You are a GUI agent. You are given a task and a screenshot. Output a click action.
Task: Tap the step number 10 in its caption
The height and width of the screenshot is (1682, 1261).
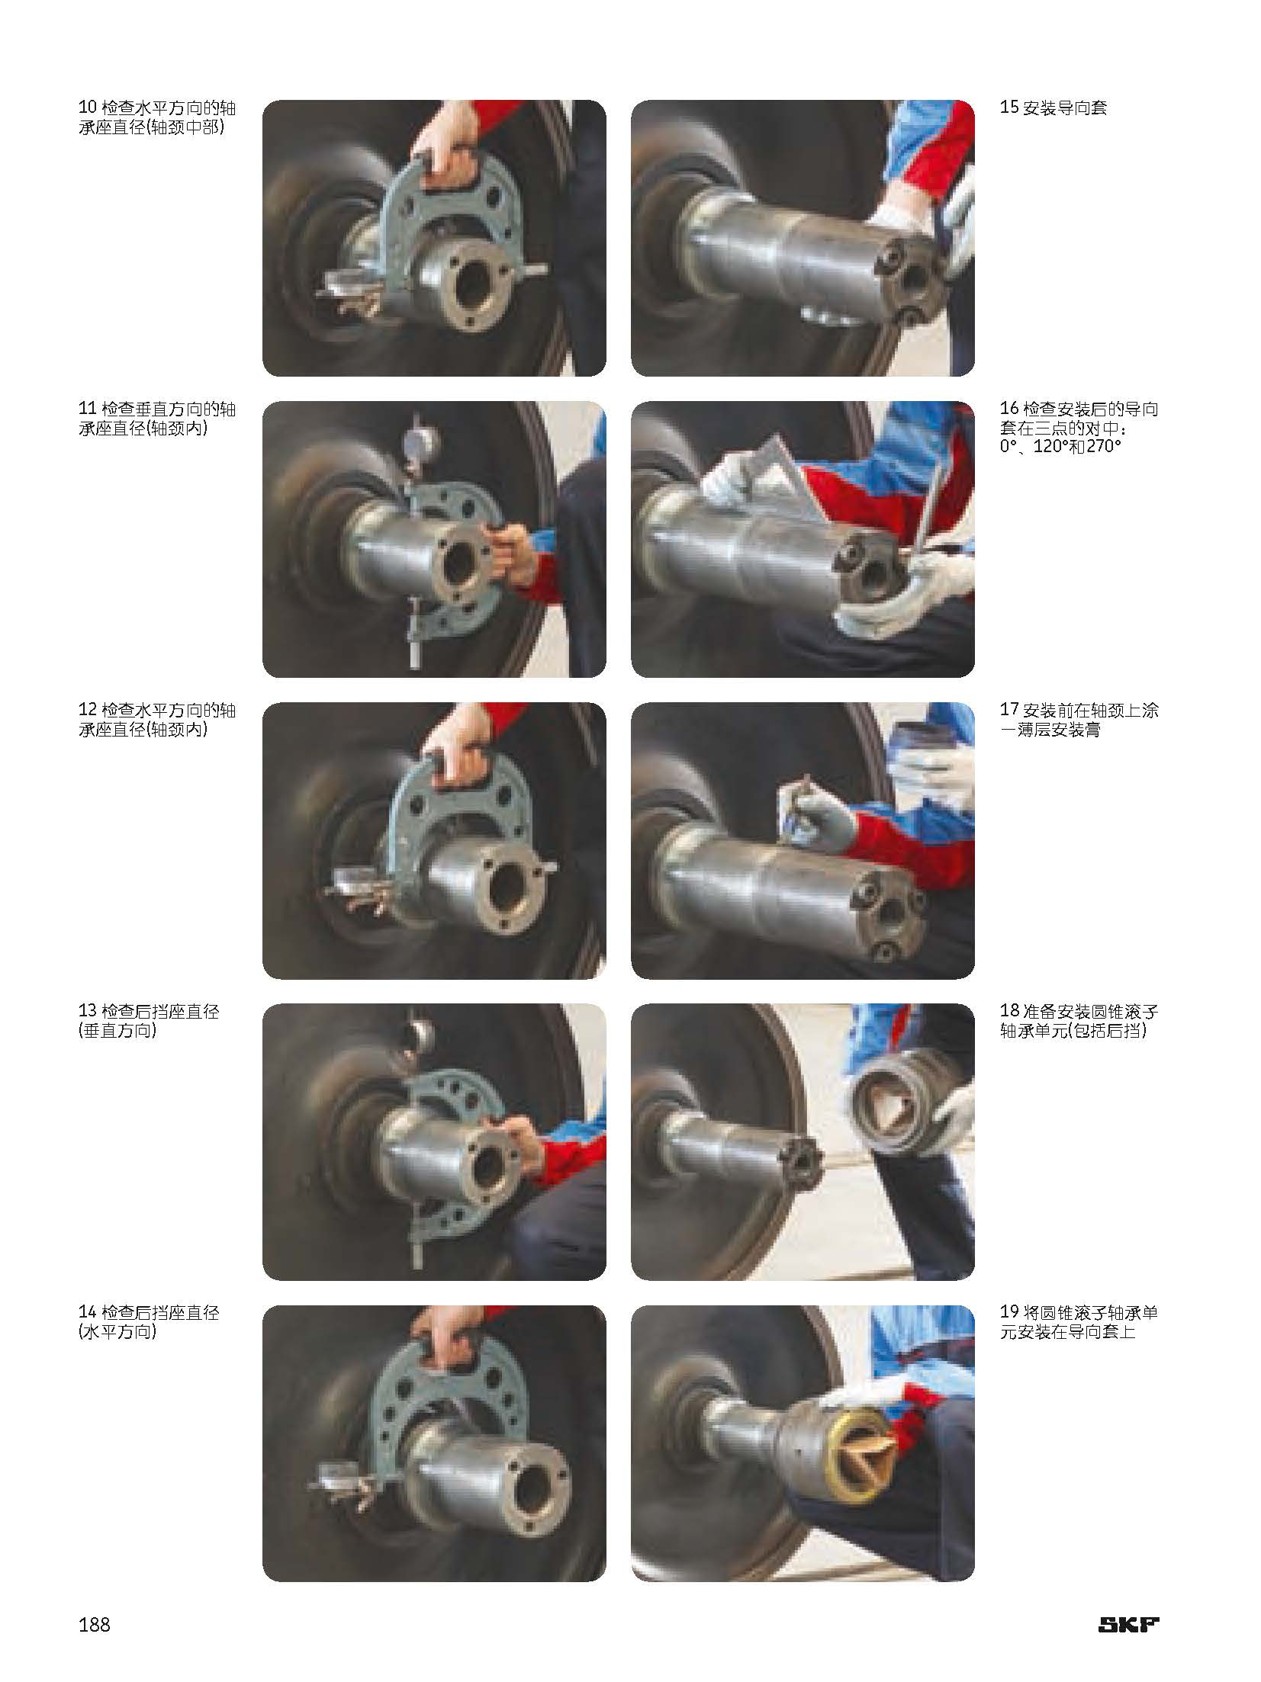(x=88, y=108)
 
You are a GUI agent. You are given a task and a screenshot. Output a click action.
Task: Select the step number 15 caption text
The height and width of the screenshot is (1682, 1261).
(x=1053, y=108)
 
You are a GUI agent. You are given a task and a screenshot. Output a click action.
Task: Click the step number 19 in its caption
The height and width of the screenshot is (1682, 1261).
(x=1008, y=1312)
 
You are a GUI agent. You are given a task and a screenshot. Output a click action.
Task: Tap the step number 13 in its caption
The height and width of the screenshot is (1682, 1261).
(x=88, y=1011)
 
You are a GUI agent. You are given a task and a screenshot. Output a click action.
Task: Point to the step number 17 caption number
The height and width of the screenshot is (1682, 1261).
(x=1008, y=710)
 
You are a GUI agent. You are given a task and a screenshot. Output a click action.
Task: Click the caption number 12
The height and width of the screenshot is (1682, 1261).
(x=88, y=710)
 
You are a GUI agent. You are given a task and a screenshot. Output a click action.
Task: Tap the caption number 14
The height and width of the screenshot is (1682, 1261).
(x=88, y=1312)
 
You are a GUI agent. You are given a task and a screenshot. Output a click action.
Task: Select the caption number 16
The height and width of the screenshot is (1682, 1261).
(x=1008, y=409)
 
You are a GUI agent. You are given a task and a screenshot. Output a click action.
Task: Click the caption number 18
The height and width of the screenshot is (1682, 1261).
(x=1008, y=1011)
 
